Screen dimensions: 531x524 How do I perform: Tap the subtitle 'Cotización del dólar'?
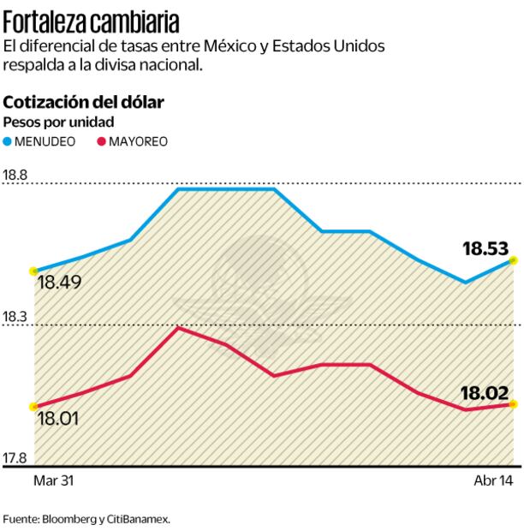tap(84, 102)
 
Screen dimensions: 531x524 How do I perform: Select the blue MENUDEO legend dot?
tap(9, 140)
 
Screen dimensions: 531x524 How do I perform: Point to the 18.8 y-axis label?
tap(16, 176)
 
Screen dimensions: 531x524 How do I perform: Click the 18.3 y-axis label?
tap(16, 318)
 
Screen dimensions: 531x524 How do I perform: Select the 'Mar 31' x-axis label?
tap(53, 481)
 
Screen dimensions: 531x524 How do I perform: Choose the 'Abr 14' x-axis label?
tap(493, 481)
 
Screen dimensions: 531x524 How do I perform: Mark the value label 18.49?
tap(59, 282)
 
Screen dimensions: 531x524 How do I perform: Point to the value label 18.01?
tap(58, 420)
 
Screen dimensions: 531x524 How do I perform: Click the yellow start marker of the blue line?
tap(33, 270)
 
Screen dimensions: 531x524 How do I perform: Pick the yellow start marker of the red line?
tap(33, 407)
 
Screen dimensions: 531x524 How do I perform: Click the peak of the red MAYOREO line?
tap(177, 327)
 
